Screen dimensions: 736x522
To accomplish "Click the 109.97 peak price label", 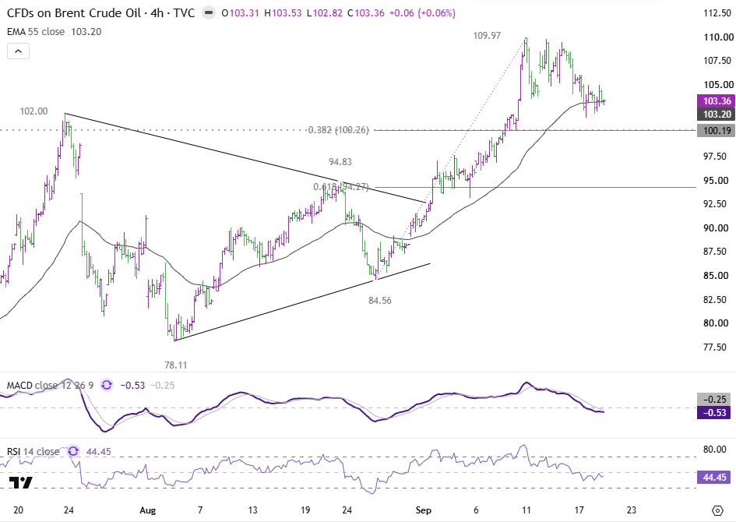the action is click(x=487, y=36).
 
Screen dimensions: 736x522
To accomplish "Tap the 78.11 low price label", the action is click(x=175, y=365).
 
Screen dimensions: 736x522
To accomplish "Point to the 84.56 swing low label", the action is click(x=380, y=301).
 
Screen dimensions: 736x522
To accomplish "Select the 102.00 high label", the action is click(x=33, y=111).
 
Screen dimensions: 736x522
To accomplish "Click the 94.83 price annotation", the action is click(x=340, y=162).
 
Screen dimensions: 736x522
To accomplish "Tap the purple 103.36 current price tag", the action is click(x=717, y=101).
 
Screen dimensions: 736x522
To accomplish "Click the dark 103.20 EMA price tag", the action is click(x=717, y=114).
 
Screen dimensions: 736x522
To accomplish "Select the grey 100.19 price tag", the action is click(x=717, y=130).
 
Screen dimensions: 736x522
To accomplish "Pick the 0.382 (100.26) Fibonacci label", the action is click(x=339, y=130).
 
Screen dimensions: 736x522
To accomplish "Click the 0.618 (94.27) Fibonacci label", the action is click(x=341, y=187).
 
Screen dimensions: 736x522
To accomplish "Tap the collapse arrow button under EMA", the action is click(x=19, y=51).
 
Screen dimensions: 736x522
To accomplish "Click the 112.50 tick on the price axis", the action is click(x=717, y=13).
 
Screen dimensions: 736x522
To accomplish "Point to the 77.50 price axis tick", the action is click(x=715, y=347).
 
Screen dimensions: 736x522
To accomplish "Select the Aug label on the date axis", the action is click(x=147, y=510).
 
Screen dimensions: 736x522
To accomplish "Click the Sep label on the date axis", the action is click(x=424, y=510).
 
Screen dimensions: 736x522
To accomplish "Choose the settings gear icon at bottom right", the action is click(x=717, y=510).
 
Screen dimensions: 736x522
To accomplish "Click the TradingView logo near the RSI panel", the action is click(x=21, y=482).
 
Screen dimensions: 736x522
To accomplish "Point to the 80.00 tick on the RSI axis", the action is click(x=715, y=450).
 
